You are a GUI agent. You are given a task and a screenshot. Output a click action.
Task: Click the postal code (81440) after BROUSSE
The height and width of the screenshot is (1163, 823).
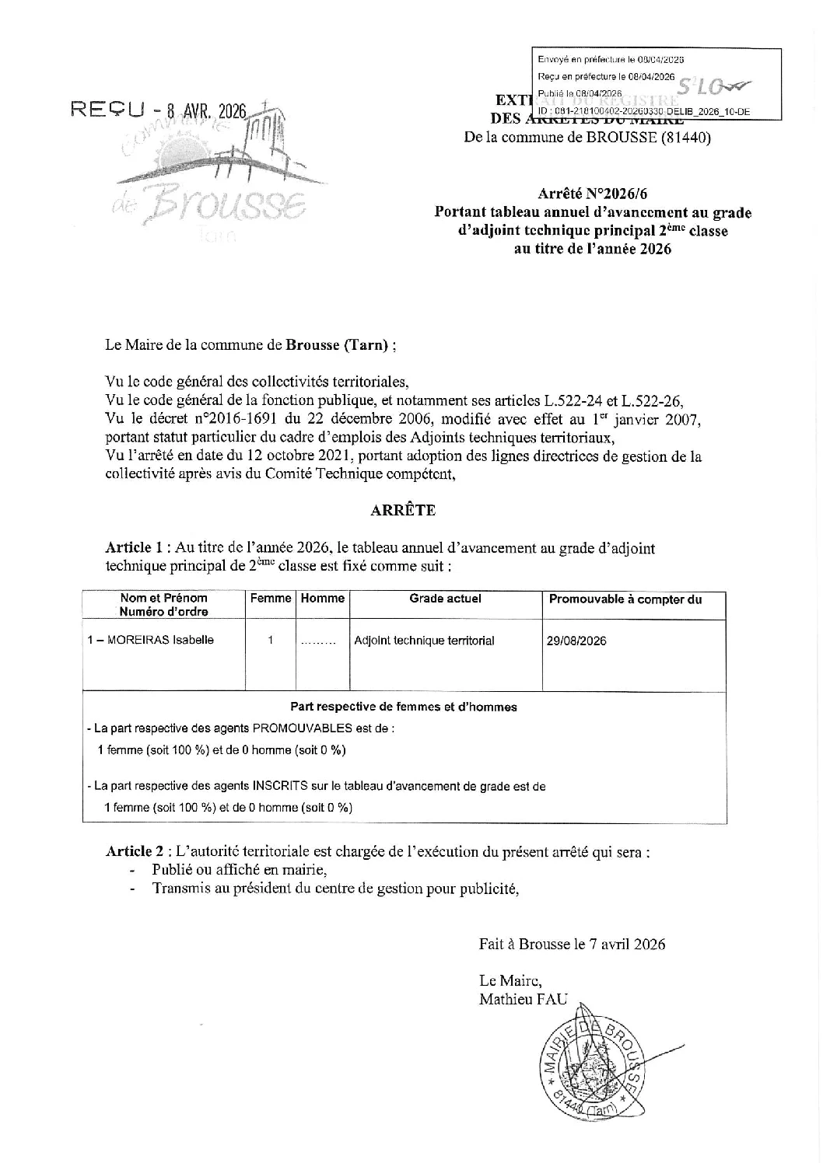[x=685, y=139]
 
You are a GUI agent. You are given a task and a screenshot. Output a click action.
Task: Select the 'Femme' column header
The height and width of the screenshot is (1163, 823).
[x=271, y=599]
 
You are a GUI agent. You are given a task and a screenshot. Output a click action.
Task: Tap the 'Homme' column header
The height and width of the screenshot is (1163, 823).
[x=322, y=599]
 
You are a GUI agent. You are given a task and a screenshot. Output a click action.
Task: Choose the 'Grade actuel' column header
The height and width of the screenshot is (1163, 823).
[x=445, y=599]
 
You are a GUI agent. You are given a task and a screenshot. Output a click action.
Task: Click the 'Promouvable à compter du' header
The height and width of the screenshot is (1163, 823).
[x=625, y=599]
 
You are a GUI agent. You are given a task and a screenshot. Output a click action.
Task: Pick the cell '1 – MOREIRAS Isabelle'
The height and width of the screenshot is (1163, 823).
[x=151, y=641]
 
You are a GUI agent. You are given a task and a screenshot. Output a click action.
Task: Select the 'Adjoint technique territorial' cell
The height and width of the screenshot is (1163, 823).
[x=424, y=641]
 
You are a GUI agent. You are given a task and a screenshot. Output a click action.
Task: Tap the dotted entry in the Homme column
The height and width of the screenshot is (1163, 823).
[x=317, y=643]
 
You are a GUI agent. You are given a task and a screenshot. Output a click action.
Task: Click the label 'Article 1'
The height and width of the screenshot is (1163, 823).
[x=136, y=548]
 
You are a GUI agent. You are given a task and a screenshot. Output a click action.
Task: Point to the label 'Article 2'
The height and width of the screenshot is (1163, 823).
[x=136, y=851]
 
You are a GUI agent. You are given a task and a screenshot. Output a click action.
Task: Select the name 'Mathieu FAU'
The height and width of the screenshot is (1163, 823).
[x=524, y=999]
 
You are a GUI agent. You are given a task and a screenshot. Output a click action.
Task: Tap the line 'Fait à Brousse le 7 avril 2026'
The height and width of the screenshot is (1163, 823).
[x=572, y=944]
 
